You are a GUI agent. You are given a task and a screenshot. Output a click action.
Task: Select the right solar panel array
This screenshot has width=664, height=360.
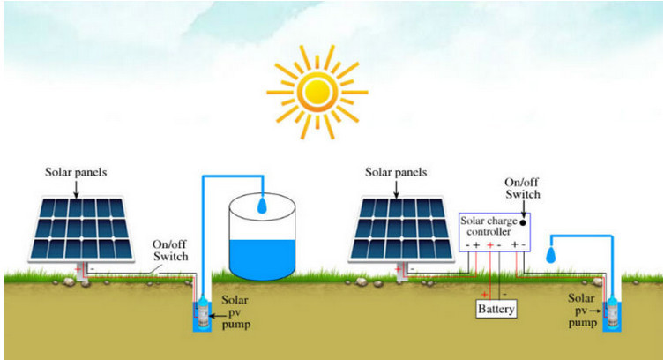(x=403, y=226)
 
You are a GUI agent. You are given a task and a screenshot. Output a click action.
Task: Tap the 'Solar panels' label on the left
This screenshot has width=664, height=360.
(x=76, y=171)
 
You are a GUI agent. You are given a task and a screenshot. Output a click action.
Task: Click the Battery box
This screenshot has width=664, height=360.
(x=496, y=310)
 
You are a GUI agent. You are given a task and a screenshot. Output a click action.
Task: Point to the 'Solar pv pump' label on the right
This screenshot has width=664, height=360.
(x=580, y=311)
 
